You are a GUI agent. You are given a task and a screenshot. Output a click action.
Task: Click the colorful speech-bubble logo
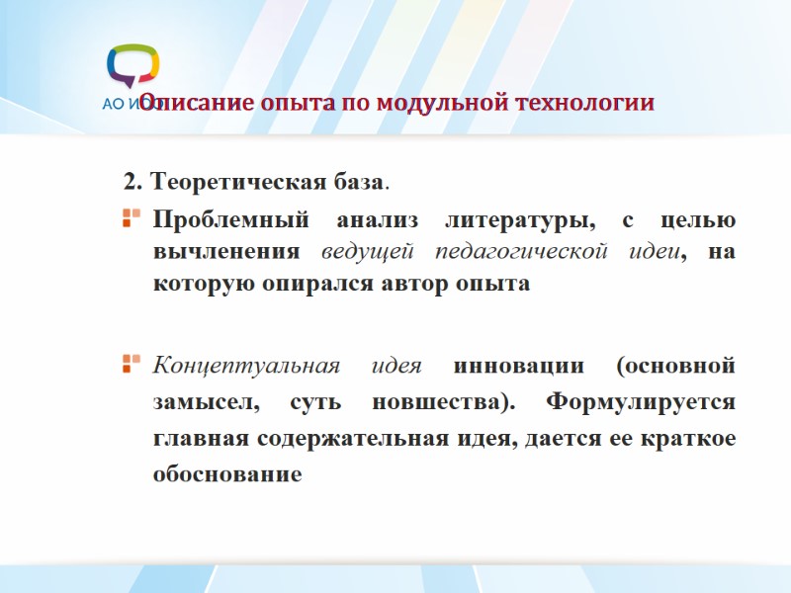(x=132, y=66)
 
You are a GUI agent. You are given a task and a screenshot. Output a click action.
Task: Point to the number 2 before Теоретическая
(x=129, y=183)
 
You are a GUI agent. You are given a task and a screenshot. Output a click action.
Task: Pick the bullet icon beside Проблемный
(x=129, y=217)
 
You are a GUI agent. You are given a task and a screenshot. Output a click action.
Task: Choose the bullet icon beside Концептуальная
(x=129, y=366)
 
